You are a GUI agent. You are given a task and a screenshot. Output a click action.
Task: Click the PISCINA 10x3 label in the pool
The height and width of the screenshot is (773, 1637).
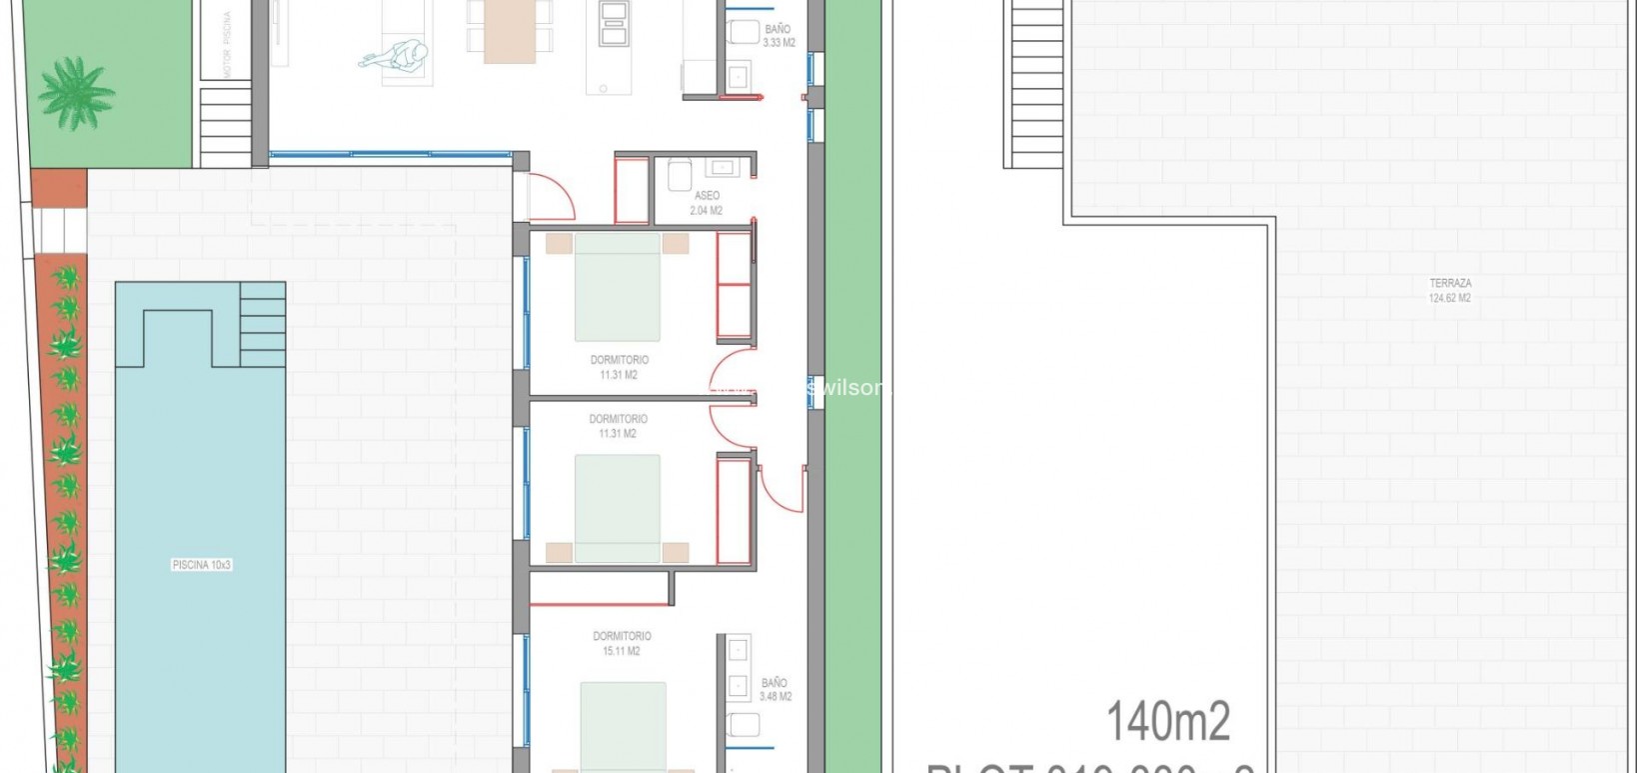pos(202,565)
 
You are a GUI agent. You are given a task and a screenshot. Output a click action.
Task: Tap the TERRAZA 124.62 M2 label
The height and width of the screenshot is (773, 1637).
pos(1449,290)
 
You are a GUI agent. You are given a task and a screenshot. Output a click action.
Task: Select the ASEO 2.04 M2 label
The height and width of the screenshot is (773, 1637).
pos(707,203)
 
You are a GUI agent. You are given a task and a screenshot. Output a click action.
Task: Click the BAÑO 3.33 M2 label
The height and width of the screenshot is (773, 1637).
pos(779,36)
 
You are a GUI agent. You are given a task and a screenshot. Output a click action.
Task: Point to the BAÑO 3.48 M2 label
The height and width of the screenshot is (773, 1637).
pos(775,689)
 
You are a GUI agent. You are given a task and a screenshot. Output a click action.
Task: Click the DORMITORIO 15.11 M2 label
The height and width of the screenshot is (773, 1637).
pos(622,643)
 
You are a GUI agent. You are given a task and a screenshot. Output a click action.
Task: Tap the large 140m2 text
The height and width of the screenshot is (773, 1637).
pos(1168,720)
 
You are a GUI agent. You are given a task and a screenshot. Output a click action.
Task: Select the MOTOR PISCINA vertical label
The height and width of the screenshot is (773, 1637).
pos(228,45)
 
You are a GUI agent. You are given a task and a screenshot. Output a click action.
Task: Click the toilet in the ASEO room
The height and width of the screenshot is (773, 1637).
pos(679,175)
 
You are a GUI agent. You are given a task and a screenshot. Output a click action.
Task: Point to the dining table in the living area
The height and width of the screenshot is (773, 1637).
pos(510,30)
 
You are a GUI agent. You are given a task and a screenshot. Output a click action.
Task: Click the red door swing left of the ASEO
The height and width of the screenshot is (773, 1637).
pos(551,194)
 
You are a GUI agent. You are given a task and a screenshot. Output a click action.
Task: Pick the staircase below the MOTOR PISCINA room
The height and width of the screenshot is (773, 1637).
pos(225,126)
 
